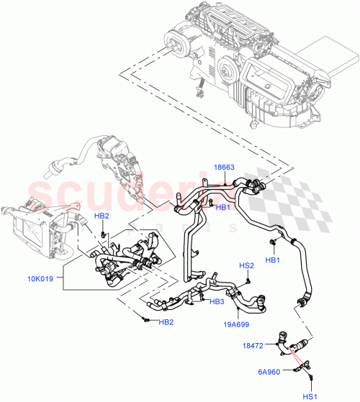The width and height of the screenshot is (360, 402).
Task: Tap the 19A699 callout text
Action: tap(232, 324)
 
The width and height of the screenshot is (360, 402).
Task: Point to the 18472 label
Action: tap(253, 347)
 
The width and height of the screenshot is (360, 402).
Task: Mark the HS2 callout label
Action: tap(246, 266)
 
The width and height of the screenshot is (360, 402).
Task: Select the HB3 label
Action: tap(216, 301)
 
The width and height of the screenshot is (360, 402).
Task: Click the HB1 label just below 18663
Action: tap(223, 207)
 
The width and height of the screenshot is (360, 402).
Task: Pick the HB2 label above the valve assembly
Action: tap(102, 216)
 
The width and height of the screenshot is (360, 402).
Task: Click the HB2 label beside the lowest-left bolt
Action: tap(166, 321)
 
